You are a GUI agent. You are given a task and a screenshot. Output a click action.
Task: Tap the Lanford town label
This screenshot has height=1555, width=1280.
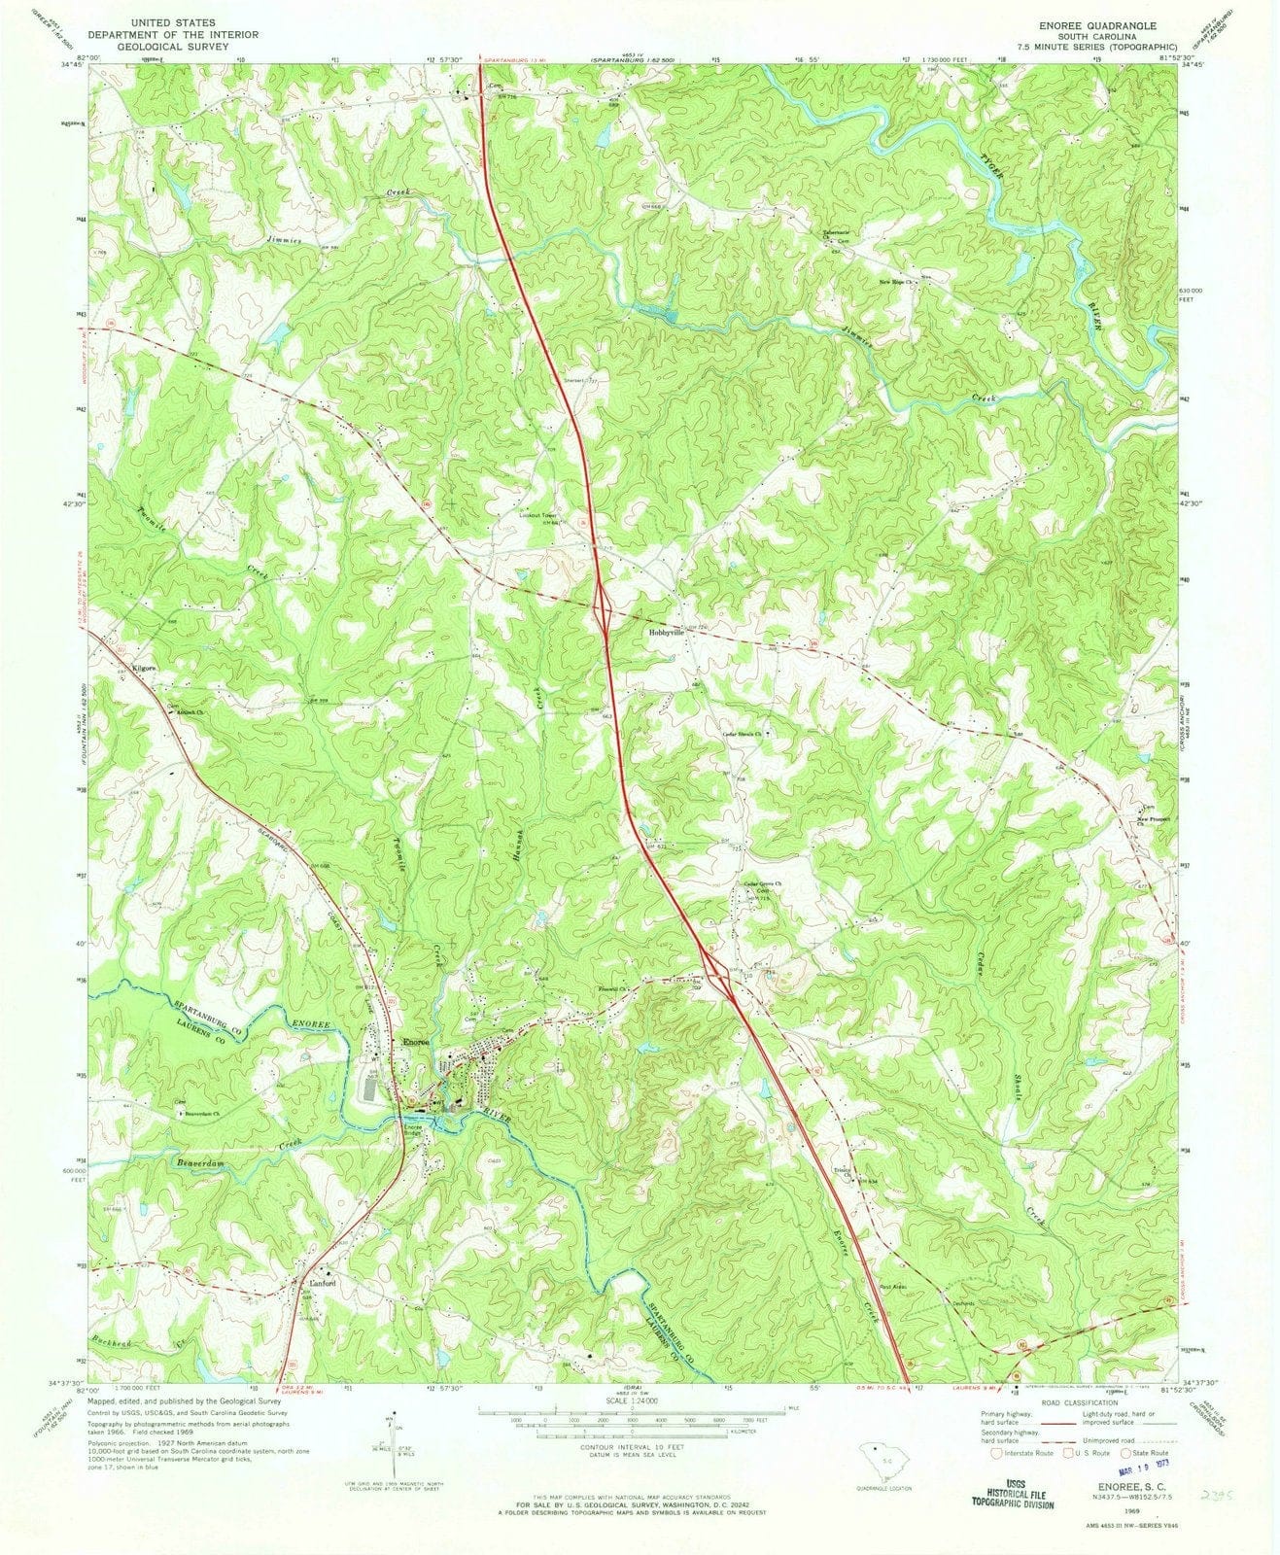click(323, 1283)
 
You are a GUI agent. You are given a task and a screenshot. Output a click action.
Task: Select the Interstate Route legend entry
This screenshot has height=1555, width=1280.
click(1016, 1455)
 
